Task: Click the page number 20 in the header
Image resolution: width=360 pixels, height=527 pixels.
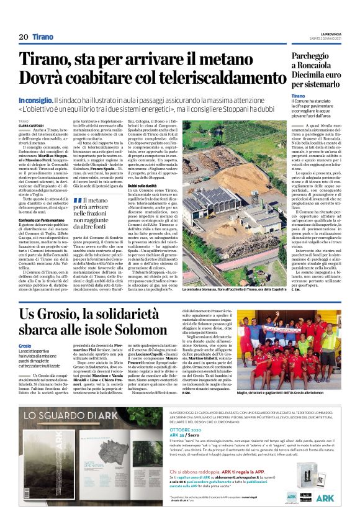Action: tap(23, 37)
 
